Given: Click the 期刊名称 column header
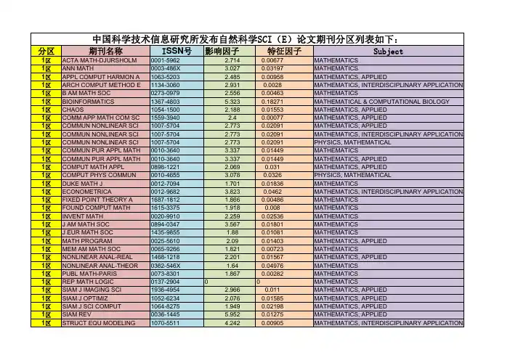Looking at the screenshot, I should coord(105,52).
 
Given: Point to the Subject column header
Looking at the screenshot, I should coord(387,52).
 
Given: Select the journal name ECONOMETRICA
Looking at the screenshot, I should coord(86,191).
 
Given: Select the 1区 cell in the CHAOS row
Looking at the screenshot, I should coord(46,110).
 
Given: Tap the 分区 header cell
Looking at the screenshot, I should coord(46,52).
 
